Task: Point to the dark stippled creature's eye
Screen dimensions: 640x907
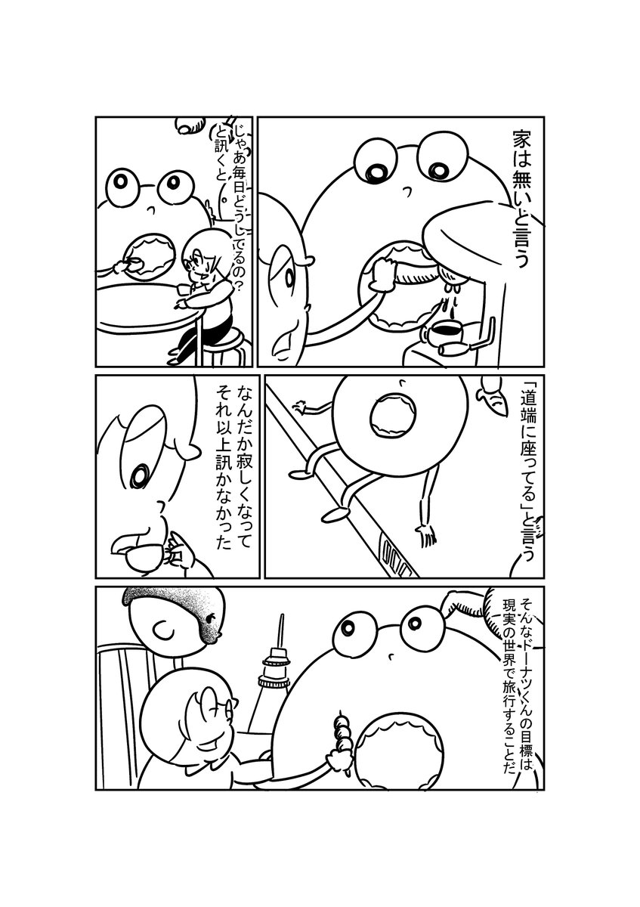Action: coord(211,618)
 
